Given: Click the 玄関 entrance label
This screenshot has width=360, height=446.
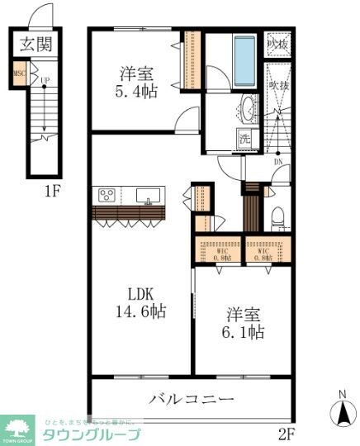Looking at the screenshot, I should [36, 44].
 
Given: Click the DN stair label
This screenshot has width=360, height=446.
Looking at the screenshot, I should [277, 162].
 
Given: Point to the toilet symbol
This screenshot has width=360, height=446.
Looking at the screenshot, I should [278, 217].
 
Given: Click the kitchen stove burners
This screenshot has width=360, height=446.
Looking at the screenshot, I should [107, 195].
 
